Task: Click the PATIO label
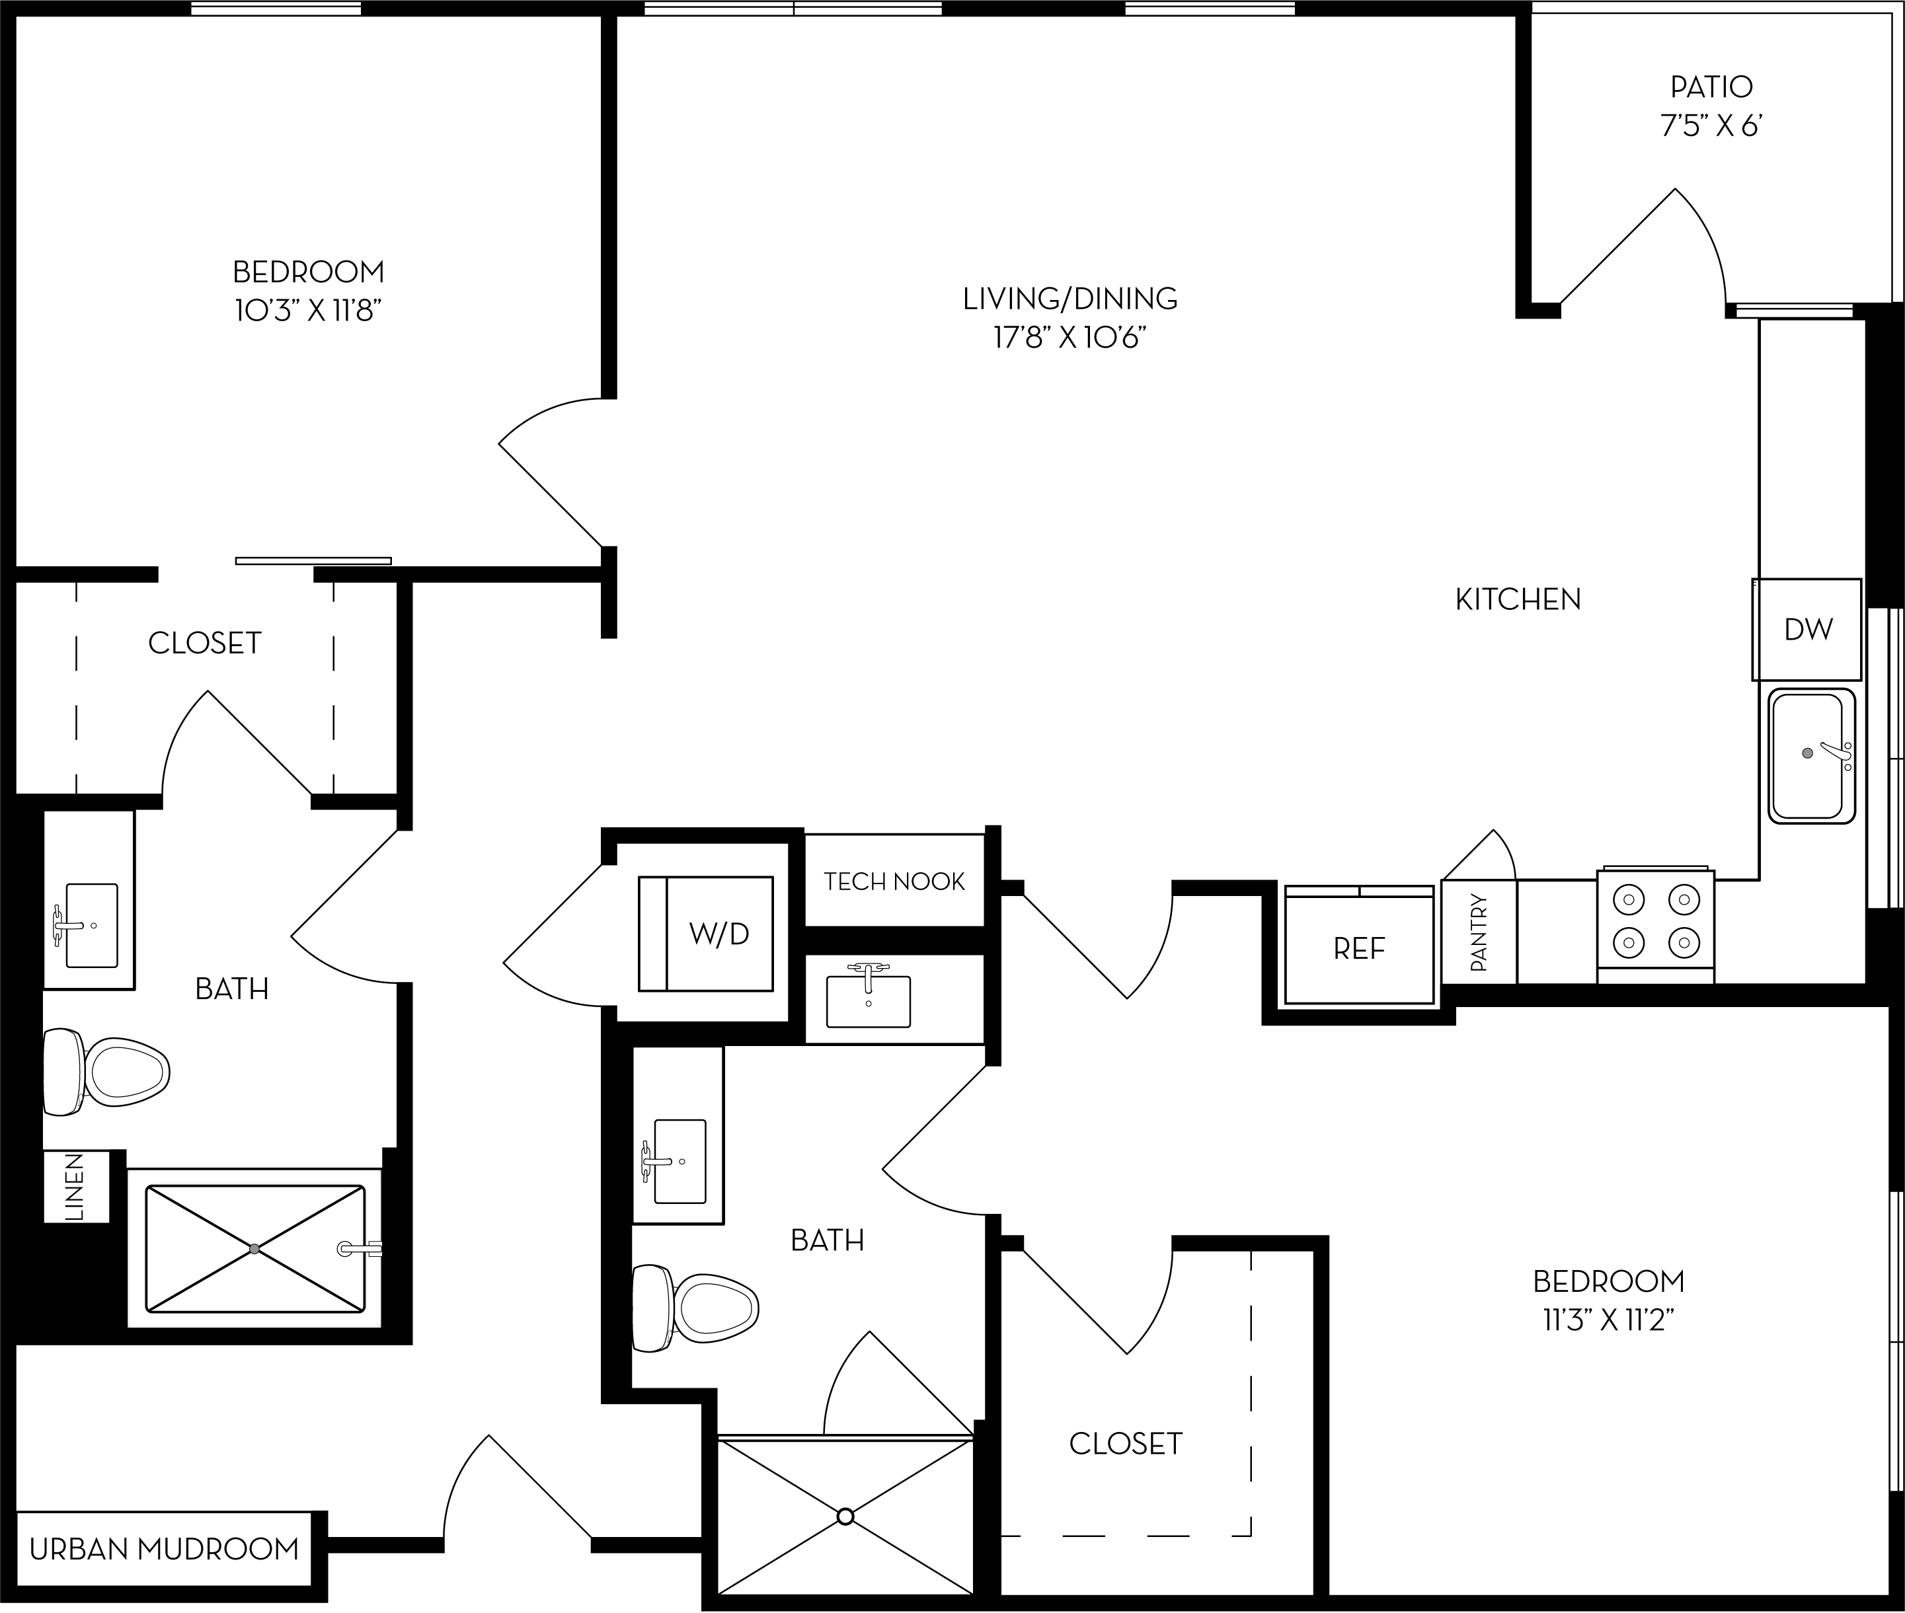pos(1711,87)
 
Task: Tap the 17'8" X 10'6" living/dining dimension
pos(1070,338)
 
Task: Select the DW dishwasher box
pos(1807,629)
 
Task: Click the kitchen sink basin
pos(1809,755)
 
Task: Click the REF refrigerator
pos(1359,949)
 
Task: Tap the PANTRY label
pos(1479,932)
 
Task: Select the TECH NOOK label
pos(894,882)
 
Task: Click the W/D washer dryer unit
pos(706,934)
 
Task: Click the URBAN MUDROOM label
pos(165,1549)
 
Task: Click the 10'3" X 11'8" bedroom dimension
pos(307,311)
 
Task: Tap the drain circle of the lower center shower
pos(845,1516)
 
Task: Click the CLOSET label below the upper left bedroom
pos(205,643)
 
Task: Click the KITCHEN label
pos(1517,599)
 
